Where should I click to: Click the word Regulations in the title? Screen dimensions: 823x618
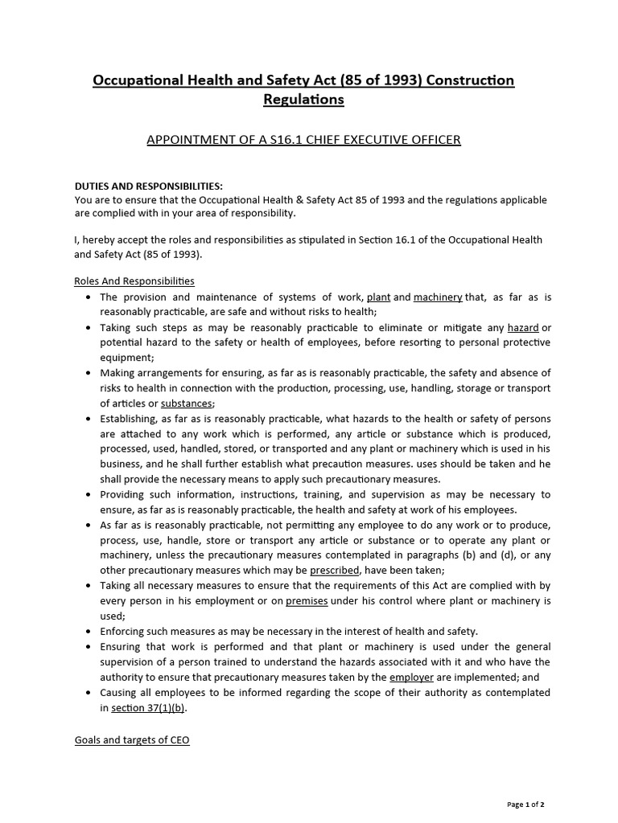click(x=303, y=100)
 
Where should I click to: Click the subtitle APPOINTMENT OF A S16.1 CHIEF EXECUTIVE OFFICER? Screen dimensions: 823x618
click(x=303, y=140)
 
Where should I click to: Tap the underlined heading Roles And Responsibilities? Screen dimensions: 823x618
click(x=134, y=281)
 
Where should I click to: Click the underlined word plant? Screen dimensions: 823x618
click(x=378, y=297)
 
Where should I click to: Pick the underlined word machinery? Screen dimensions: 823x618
click(x=438, y=297)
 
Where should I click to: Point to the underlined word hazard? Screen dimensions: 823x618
click(x=523, y=327)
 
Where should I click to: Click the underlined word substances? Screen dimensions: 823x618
click(x=187, y=403)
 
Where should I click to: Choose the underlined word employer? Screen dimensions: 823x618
click(x=411, y=678)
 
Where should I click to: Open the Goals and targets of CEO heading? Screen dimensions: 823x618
click(x=132, y=740)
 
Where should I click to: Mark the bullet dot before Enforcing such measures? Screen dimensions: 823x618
click(x=88, y=632)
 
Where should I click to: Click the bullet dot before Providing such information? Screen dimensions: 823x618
click(x=88, y=494)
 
